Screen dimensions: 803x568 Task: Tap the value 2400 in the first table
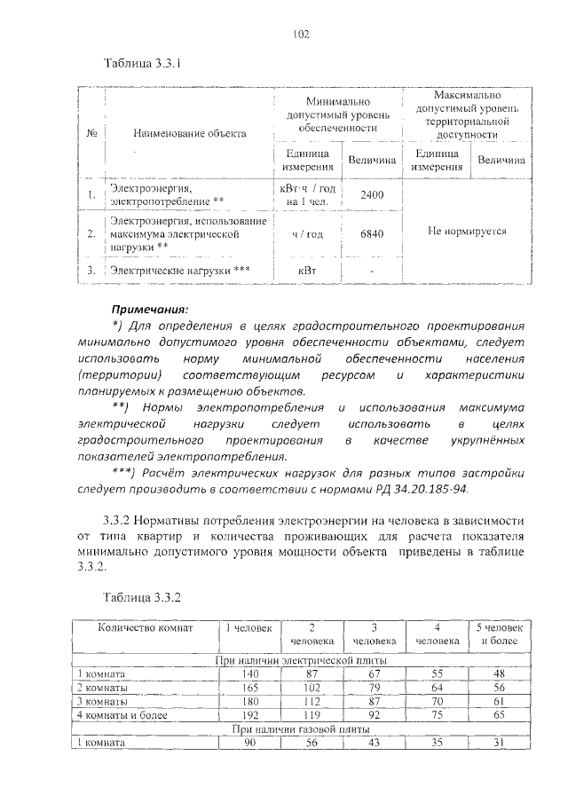tap(371, 194)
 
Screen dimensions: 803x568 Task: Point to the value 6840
tap(371, 234)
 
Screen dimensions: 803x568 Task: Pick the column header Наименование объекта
tap(189, 133)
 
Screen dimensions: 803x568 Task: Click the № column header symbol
tap(92, 133)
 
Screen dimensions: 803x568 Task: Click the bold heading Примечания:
tap(149, 310)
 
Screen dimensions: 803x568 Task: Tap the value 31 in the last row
tap(500, 742)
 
